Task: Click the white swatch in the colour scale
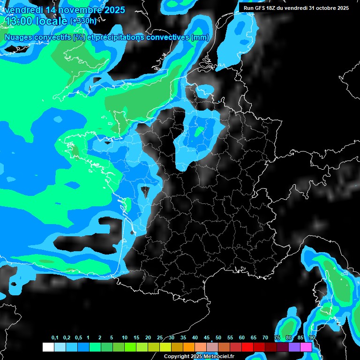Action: click(x=48, y=347)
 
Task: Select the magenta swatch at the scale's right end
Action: click(x=306, y=347)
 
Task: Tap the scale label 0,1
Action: click(x=55, y=338)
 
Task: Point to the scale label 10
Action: click(x=125, y=338)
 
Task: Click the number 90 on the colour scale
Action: click(x=312, y=338)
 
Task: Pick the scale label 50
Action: click(x=218, y=338)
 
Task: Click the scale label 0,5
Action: click(x=78, y=338)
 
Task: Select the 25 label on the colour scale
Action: click(x=160, y=338)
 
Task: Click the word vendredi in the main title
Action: click(x=23, y=10)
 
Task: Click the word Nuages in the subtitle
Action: click(x=19, y=37)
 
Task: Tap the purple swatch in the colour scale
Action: click(x=294, y=347)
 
